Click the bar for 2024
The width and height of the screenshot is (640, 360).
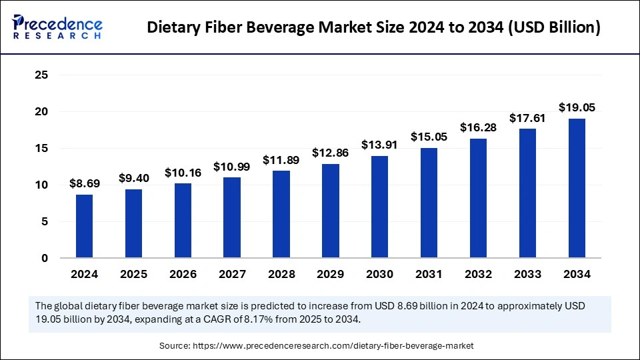click(85, 226)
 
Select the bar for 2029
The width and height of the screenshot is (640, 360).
click(331, 211)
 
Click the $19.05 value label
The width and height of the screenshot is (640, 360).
click(577, 107)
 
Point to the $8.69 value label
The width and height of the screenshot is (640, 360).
click(85, 183)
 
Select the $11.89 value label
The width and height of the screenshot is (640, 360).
click(281, 160)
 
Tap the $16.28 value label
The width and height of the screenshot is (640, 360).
click(479, 127)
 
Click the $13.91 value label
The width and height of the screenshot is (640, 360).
click(380, 145)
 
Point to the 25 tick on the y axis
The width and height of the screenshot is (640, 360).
click(41, 75)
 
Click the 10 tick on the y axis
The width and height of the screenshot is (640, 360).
click(41, 185)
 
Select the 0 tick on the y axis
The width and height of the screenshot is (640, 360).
click(45, 258)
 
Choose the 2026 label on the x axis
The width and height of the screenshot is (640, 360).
click(183, 274)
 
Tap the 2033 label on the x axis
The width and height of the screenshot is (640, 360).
click(527, 274)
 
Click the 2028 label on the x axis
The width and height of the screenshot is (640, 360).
click(281, 274)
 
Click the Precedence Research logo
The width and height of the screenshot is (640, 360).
click(57, 27)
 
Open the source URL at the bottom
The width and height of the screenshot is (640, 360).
click(333, 345)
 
